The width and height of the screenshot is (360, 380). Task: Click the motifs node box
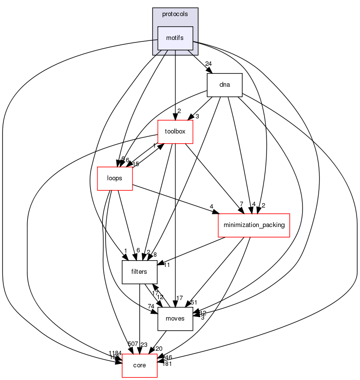click(175, 38)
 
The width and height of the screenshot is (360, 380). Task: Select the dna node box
click(225, 85)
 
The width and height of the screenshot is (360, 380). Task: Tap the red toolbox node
click(175, 132)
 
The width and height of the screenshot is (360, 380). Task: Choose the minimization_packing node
click(253, 225)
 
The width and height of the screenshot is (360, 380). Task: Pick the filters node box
click(139, 272)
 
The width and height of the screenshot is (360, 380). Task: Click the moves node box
click(175, 319)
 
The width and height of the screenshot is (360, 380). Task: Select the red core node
click(139, 365)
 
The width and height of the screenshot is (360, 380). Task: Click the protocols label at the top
click(175, 14)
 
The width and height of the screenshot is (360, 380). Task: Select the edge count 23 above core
click(144, 345)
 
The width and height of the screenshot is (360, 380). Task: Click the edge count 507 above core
click(133, 344)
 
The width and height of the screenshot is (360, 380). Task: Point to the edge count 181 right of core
click(167, 363)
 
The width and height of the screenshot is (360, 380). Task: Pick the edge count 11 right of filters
click(166, 265)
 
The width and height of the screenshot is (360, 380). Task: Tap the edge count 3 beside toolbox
click(197, 116)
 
